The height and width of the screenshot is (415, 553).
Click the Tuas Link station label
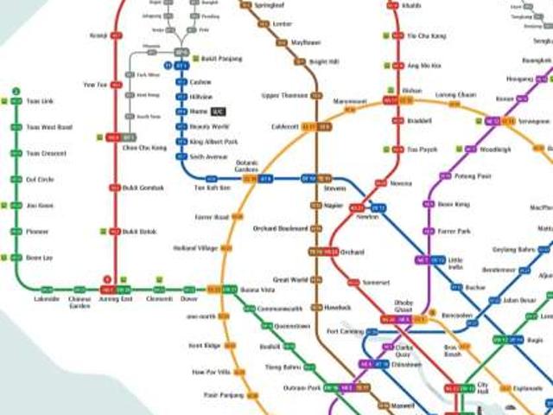(39, 101)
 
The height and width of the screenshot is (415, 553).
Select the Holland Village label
(195, 248)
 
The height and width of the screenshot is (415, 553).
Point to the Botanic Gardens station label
(248, 165)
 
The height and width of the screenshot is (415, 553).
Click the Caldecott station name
(284, 126)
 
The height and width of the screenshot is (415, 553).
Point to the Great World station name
(290, 280)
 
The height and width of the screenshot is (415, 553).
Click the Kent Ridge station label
(204, 345)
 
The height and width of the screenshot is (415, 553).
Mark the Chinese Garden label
(80, 302)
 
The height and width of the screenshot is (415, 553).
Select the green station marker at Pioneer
(16, 232)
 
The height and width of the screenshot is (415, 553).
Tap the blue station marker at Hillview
(181, 97)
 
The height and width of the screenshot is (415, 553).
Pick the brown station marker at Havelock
(316, 308)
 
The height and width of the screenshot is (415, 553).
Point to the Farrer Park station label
(454, 232)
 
